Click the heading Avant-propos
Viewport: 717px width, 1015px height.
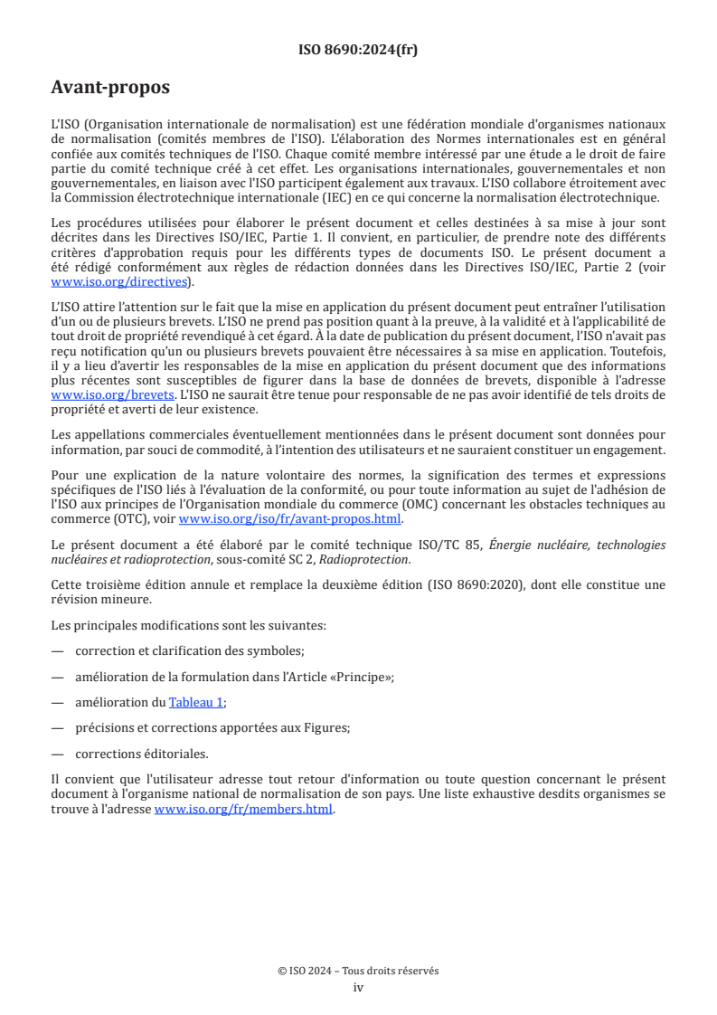tap(110, 88)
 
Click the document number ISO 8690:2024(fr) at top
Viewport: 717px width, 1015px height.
tap(358, 51)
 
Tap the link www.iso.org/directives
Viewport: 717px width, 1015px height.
tap(121, 282)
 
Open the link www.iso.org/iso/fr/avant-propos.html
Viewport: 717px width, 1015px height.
tap(289, 519)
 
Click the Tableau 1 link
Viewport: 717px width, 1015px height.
tap(195, 701)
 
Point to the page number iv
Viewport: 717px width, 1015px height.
tap(358, 987)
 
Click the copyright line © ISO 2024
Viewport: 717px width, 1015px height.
tap(358, 971)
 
